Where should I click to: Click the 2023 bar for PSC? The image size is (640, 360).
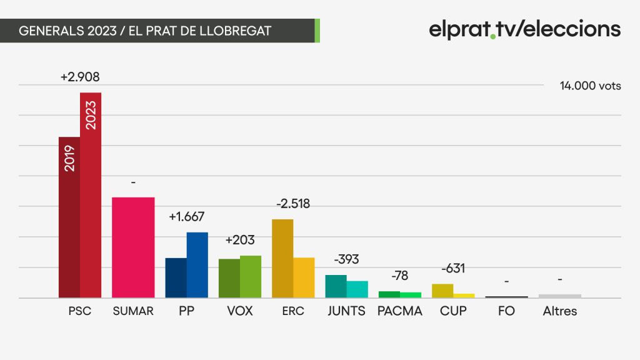point(91,195)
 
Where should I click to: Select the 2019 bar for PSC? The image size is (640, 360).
point(69,217)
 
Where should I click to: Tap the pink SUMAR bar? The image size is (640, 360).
point(133,247)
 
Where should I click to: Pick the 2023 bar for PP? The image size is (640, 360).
point(197,265)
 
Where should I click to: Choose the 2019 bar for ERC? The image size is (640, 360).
point(282,258)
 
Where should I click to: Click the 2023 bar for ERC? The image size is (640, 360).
point(304,277)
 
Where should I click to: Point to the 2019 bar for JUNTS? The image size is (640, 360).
point(336,286)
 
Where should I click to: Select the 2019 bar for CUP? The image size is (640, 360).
point(442,291)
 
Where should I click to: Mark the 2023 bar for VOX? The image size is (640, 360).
point(251,276)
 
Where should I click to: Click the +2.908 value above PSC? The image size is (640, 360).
point(80,77)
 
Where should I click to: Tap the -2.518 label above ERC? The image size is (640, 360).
point(293,203)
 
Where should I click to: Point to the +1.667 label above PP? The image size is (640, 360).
point(186,216)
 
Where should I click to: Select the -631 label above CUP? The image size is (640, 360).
point(453,268)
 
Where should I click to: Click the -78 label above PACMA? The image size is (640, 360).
point(399,276)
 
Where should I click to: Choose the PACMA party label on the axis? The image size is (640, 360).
point(399,311)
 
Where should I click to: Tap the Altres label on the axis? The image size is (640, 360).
point(559,311)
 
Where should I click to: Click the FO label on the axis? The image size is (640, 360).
point(506,311)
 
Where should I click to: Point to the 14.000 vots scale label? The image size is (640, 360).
point(590,86)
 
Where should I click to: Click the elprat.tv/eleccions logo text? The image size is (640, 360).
point(524,29)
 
